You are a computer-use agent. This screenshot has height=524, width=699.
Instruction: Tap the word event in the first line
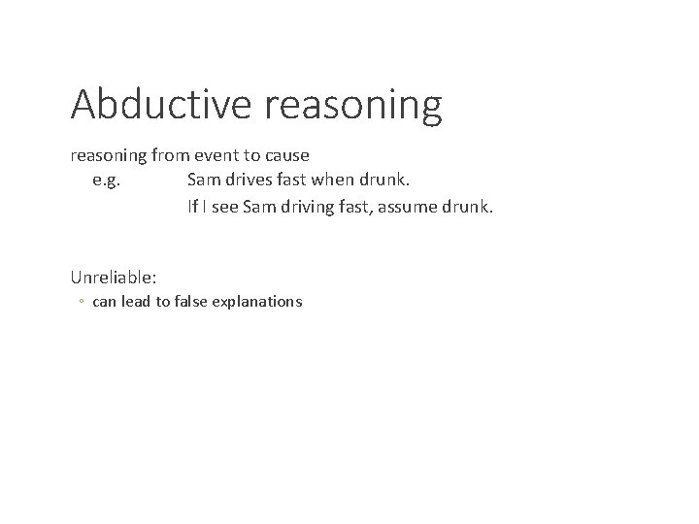(225, 155)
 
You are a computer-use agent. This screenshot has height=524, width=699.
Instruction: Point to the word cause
(285, 155)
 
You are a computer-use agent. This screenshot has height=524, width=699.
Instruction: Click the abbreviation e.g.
(107, 180)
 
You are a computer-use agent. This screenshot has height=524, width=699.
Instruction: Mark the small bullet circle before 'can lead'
(82, 302)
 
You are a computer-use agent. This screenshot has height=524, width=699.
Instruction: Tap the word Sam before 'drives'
(203, 180)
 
